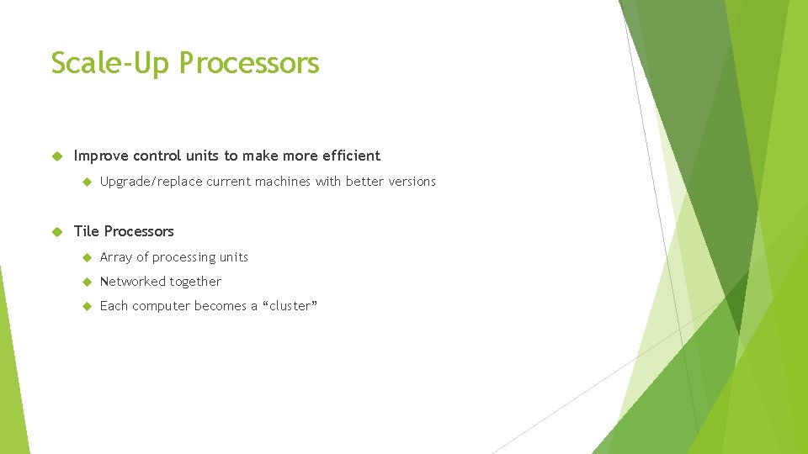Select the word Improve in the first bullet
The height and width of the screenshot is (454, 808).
[x=101, y=156]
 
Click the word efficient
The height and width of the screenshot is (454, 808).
[x=351, y=156]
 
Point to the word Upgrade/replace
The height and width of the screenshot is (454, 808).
[x=151, y=182]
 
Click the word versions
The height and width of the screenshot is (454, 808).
[x=411, y=182]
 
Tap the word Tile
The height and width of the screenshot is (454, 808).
[x=87, y=231]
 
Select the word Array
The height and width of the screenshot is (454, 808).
[x=116, y=257]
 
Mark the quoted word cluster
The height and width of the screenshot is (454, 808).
[x=291, y=306]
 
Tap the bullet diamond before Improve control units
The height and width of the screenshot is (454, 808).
[x=57, y=156]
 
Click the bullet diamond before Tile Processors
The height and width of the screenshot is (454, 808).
[x=57, y=232]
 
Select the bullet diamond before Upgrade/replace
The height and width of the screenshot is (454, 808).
[x=85, y=182]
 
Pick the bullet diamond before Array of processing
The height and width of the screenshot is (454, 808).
[x=85, y=258]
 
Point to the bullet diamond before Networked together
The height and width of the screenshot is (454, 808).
[x=85, y=282]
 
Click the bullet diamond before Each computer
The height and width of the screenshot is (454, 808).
[x=85, y=307]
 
